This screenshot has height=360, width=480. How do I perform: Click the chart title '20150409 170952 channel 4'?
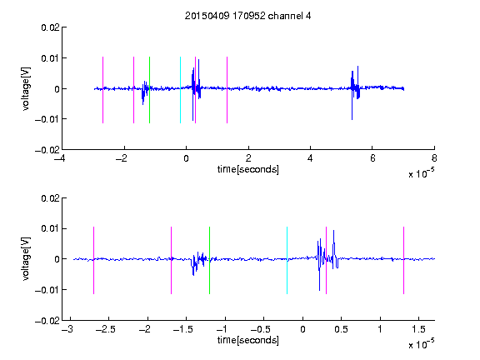click(247, 16)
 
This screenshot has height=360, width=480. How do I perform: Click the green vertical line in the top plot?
click(149, 90)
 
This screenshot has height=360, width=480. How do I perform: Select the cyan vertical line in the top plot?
click(180, 90)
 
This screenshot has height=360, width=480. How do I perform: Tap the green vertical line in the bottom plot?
click(209, 261)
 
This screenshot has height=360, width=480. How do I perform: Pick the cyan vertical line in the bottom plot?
click(287, 261)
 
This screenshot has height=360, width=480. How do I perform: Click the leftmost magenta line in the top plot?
click(102, 90)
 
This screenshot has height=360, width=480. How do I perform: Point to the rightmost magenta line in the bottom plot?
click(403, 261)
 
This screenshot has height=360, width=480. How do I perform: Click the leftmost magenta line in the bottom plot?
click(93, 261)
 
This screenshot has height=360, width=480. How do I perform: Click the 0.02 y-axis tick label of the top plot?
click(50, 27)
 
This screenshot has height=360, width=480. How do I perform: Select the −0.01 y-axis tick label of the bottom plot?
click(47, 290)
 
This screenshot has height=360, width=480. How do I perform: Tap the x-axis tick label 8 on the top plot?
click(434, 158)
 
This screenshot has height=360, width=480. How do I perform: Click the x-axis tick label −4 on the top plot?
click(60, 158)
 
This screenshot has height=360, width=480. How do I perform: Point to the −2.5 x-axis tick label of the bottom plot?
click(105, 329)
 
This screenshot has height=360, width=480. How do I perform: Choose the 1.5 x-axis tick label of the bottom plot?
click(418, 329)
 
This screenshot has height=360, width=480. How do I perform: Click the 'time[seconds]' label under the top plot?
click(248, 169)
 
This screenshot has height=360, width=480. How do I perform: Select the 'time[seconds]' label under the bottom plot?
click(248, 340)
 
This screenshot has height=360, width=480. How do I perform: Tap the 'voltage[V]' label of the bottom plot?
click(27, 259)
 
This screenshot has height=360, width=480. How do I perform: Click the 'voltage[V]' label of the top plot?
click(27, 89)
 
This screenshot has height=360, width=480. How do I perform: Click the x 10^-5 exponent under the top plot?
click(421, 173)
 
